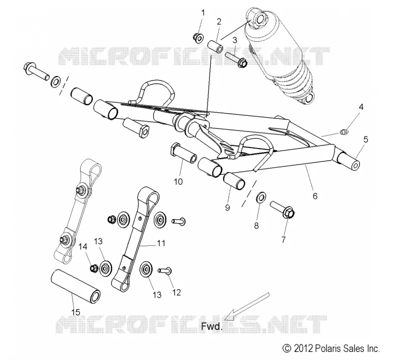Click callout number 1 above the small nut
203,13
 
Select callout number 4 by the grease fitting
361,107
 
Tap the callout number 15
76,312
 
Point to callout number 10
178,182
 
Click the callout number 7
284,240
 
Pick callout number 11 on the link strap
161,243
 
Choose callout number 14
83,247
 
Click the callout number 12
177,293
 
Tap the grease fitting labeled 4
343,132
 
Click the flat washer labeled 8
261,197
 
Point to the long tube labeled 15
76,286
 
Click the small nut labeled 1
198,37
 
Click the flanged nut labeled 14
93,268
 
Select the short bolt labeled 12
165,271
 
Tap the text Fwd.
212,327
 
